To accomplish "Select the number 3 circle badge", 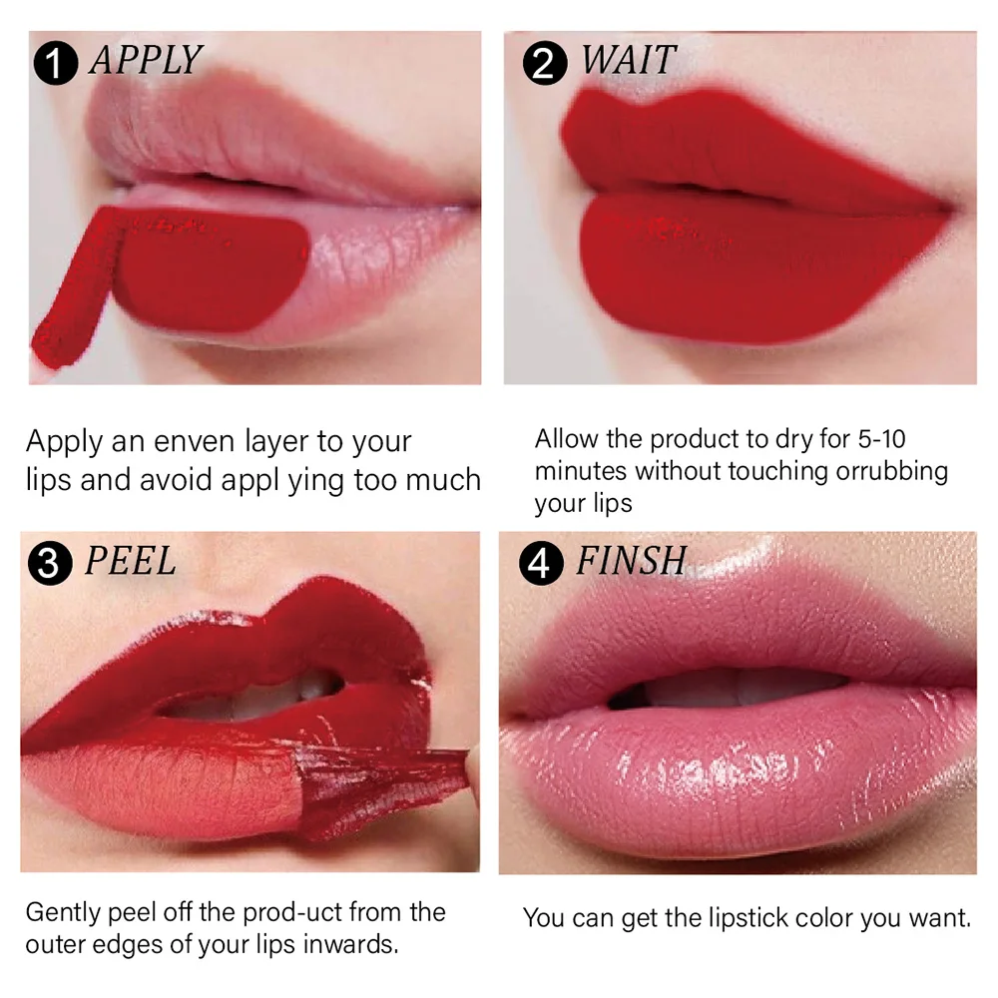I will click(x=52, y=564).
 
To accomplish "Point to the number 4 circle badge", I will click(x=540, y=564).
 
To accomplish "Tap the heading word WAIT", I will click(x=629, y=61).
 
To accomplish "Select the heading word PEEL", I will click(x=130, y=561).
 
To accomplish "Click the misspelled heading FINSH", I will click(x=631, y=561).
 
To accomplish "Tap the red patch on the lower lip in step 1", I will click(x=210, y=269).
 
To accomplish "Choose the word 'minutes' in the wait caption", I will click(x=581, y=470).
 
